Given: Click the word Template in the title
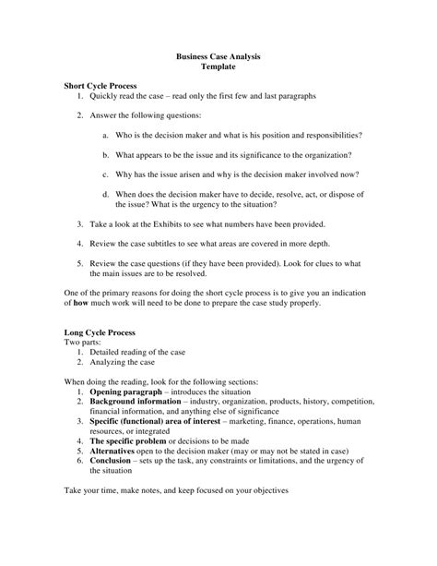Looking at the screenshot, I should [218, 68].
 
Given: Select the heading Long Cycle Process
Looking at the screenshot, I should [100, 331].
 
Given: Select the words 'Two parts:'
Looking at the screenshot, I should [82, 342].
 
